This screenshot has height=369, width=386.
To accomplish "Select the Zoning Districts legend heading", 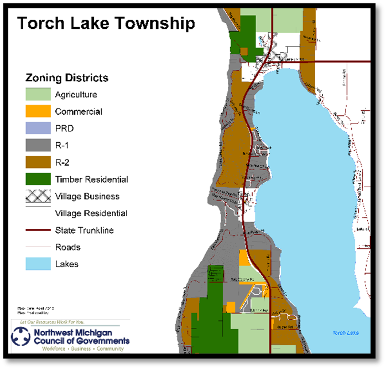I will [x=66, y=78].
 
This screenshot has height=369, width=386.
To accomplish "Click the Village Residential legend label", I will [x=91, y=213].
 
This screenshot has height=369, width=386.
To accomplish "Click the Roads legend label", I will [x=67, y=247].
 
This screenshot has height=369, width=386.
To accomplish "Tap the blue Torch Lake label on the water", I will [x=345, y=332].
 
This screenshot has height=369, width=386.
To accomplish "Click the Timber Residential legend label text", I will [x=91, y=180].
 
